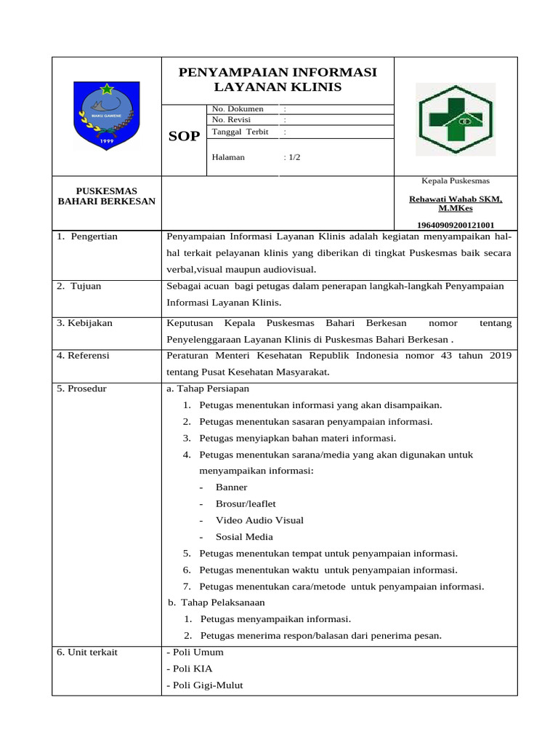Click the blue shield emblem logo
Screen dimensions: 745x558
pos(106,116)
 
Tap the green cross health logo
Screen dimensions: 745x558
pos(455,119)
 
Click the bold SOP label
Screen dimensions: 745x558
pos(184,136)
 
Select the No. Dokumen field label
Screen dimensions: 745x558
pos(237,109)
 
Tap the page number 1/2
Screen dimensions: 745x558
pos(293,157)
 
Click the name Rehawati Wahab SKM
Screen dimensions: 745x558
pos(456,199)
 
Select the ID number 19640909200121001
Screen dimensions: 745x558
pos(456,225)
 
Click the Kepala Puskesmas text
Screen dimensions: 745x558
pos(456,180)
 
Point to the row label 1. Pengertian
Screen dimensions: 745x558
pos(87,236)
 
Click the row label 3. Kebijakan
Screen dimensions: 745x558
pos(84,322)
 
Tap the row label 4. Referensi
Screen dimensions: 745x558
pos(84,355)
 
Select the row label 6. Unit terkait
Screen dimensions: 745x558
pos(87,652)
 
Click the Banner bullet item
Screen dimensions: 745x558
pos(231,487)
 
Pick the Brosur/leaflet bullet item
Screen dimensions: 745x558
pos(246,503)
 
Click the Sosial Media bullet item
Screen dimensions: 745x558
pos(244,537)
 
